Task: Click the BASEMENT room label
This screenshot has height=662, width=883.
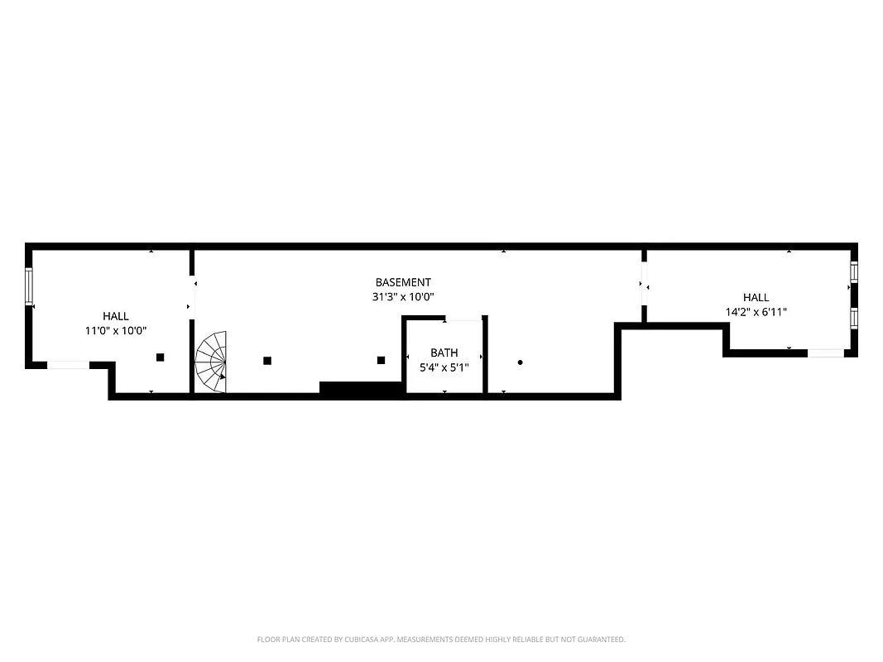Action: tap(403, 282)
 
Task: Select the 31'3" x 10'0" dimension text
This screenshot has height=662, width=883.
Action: tap(403, 296)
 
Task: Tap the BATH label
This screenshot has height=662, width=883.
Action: tap(444, 353)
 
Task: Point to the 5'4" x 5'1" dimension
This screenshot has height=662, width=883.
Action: tap(444, 367)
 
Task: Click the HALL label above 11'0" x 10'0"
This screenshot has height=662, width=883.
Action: tap(116, 316)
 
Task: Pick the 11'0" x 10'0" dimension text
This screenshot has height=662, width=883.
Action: tap(116, 330)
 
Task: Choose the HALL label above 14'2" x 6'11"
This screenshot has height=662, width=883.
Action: tap(756, 298)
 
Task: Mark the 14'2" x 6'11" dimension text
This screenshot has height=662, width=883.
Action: tap(756, 312)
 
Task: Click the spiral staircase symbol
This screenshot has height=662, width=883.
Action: tap(212, 362)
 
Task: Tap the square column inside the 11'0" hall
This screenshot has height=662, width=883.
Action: tap(161, 357)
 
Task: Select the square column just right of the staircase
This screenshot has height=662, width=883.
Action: tap(267, 360)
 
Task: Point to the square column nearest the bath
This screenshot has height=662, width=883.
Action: tap(382, 360)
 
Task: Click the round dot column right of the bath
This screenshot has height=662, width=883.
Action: tap(520, 362)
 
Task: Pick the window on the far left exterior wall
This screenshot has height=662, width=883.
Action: tap(30, 287)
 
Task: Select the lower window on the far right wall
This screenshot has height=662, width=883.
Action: tap(854, 317)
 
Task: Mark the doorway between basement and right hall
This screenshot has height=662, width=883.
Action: tap(644, 285)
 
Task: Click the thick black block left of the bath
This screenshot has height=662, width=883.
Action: tap(360, 388)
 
